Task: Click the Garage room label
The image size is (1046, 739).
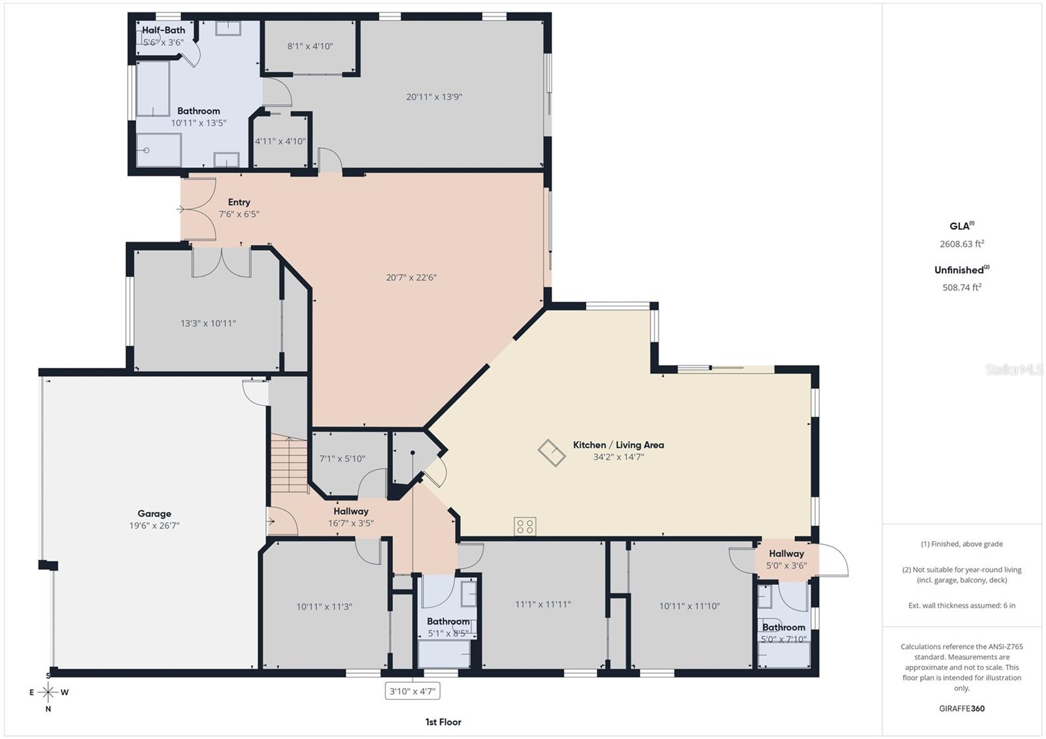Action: (154, 514)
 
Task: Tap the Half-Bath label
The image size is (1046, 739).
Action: (163, 30)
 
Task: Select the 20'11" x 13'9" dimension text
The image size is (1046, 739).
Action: (434, 97)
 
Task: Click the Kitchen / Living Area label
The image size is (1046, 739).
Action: (618, 445)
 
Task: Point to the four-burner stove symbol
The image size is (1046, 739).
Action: (525, 526)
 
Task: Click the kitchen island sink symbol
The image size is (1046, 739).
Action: (552, 453)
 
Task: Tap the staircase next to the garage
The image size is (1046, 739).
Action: (289, 465)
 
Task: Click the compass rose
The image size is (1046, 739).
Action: (48, 692)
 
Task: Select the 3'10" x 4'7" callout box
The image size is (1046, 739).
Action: (413, 691)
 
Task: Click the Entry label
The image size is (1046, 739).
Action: (239, 203)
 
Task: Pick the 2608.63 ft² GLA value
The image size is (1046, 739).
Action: (962, 244)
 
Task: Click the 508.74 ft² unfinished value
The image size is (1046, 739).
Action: (962, 287)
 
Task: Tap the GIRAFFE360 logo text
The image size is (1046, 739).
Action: (962, 708)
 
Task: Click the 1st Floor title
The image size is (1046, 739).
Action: (443, 722)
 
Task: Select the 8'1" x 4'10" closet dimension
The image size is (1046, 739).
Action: (310, 46)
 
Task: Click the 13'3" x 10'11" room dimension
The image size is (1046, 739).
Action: (208, 323)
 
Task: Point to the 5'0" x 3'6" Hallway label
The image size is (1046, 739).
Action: (786, 559)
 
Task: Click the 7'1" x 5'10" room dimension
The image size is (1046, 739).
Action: (342, 459)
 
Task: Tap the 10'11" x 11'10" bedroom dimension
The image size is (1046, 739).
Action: (689, 606)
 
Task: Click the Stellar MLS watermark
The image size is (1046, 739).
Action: (1013, 370)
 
